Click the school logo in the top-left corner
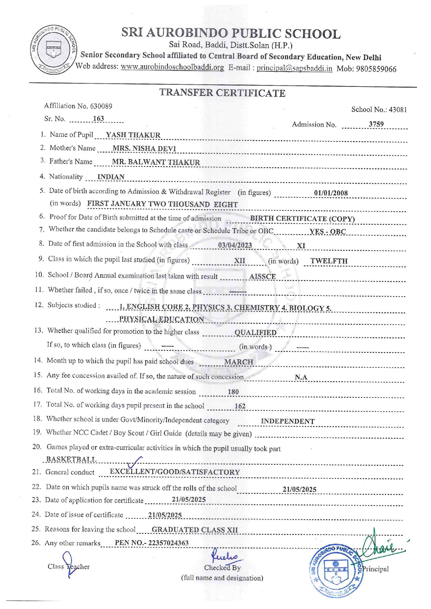[54, 50]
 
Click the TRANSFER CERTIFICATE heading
[222, 93]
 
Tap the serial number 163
[98, 119]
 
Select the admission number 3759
[376, 124]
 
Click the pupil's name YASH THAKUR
[133, 135]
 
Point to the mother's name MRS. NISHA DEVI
[144, 149]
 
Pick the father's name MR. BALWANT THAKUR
[156, 162]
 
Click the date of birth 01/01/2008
[331, 193]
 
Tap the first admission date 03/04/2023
[235, 245]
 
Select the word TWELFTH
[329, 261]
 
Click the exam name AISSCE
[262, 277]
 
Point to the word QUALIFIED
[255, 333]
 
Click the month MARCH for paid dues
[238, 362]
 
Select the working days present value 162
[240, 406]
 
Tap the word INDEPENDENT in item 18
[287, 421]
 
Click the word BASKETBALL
[71, 459]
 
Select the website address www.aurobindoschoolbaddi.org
[172, 67]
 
